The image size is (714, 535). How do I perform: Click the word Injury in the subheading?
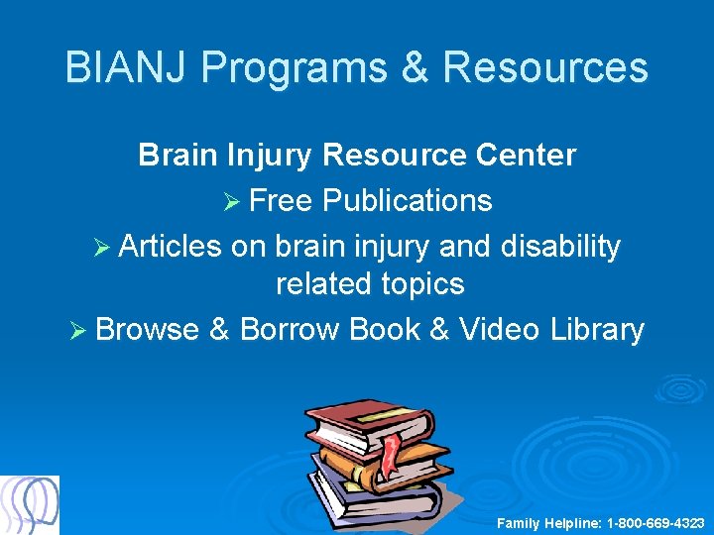point(270,156)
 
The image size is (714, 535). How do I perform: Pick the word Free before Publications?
point(281,200)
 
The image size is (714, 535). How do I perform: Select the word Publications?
point(407,200)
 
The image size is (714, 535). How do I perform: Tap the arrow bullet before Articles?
point(102,247)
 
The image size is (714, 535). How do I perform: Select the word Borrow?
point(290,329)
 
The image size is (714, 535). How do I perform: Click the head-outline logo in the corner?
point(30,504)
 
